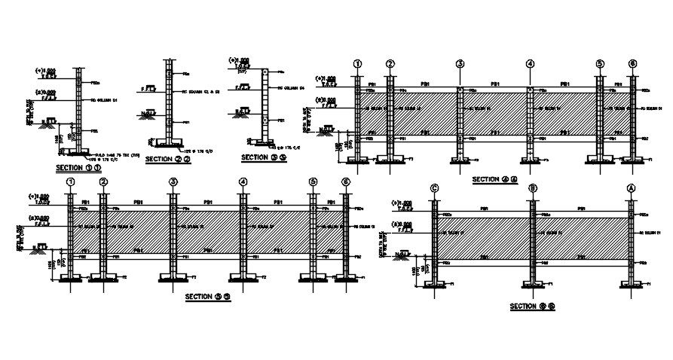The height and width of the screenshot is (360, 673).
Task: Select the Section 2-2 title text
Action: pyautogui.click(x=167, y=159)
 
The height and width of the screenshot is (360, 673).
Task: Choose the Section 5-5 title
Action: pyautogui.click(x=208, y=297)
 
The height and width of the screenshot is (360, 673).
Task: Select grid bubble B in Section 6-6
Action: pyautogui.click(x=532, y=188)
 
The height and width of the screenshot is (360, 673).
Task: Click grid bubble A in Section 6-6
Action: pyautogui.click(x=632, y=188)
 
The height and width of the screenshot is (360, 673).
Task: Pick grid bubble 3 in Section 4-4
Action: pyautogui.click(x=460, y=64)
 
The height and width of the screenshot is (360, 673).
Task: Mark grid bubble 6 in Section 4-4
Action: pyautogui.click(x=632, y=64)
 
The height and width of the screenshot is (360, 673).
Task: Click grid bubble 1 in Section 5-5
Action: pyautogui.click(x=70, y=182)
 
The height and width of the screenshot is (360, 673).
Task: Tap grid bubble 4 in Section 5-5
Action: pyautogui.click(x=243, y=182)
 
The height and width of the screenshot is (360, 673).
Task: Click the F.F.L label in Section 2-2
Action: pyautogui.click(x=150, y=89)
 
